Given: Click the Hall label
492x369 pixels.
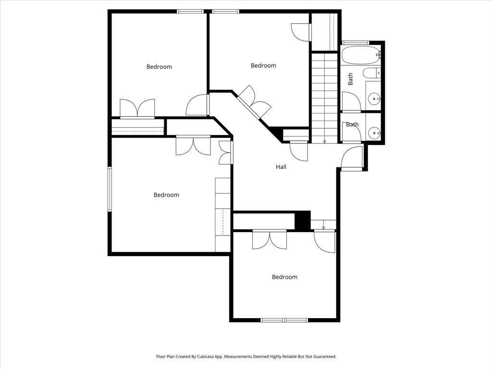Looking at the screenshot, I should [281, 167].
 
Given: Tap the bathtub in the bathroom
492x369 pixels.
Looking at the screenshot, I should [361, 55].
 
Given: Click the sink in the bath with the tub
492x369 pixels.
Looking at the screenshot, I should [374, 99].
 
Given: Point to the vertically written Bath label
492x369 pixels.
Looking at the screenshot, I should [350, 79].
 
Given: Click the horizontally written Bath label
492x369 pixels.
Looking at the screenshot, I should [352, 124].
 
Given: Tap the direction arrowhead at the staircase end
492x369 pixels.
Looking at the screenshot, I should [324, 142].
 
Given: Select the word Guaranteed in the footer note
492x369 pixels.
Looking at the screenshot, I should [324, 357].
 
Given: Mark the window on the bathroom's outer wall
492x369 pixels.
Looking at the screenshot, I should [355, 43].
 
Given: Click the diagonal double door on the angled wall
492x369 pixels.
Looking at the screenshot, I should [254, 102].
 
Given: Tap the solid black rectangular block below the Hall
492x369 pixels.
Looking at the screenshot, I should [302, 221].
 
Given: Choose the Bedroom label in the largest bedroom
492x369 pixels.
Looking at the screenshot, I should [166, 195].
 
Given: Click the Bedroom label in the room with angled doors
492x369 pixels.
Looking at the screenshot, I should [263, 65].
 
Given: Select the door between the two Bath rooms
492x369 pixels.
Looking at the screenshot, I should [351, 102].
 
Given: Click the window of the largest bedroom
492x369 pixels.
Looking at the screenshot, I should [110, 189].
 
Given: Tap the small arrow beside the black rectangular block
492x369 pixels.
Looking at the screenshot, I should [323, 227].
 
